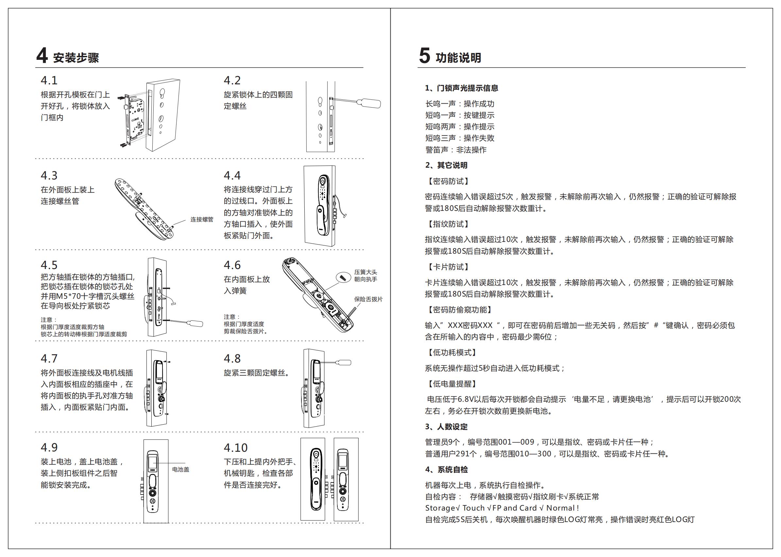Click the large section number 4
[42, 56]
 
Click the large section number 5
[424, 56]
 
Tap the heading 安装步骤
[76, 58]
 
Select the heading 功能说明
[458, 58]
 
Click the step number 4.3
[49, 176]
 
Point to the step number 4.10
[235, 447]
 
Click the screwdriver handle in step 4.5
[195, 323]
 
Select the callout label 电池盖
[181, 469]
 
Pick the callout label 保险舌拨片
[368, 299]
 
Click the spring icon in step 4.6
[341, 277]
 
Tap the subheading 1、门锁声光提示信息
[461, 88]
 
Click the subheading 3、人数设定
[446, 427]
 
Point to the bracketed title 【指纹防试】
[447, 224]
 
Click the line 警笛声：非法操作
[456, 150]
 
